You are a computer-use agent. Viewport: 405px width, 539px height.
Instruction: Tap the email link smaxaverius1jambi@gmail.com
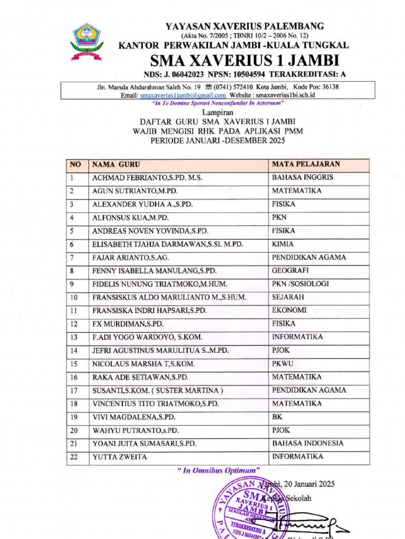tap(182, 95)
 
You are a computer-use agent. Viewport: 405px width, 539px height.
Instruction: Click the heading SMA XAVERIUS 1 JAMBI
tap(245, 59)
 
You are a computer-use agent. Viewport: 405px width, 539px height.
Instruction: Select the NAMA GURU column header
tap(117, 165)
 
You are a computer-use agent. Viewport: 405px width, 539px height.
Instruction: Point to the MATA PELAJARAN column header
tap(306, 164)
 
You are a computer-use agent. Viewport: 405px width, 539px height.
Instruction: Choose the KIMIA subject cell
tap(283, 244)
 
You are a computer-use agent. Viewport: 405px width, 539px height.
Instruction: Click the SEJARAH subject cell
tap(288, 297)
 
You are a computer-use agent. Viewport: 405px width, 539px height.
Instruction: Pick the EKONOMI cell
tap(289, 311)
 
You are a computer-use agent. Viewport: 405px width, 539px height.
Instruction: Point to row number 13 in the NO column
tap(73, 337)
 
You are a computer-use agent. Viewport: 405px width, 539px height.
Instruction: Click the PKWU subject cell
tap(283, 364)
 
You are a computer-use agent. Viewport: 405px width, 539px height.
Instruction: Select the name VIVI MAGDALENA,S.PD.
tap(134, 417)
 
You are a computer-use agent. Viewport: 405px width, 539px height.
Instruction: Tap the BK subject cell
tap(277, 417)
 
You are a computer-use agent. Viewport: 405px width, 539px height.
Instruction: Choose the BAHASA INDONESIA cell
tap(308, 443)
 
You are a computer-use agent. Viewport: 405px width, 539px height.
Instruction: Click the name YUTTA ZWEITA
tap(120, 457)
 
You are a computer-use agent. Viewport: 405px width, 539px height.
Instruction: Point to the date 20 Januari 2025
tap(306, 484)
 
